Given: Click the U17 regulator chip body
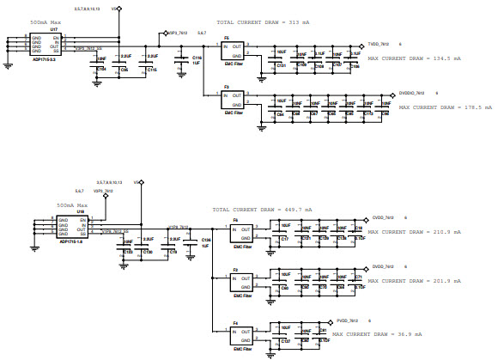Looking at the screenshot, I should (x=46, y=45).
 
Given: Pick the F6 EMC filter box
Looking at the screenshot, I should (x=242, y=233).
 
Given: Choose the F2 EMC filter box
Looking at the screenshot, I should (x=242, y=281).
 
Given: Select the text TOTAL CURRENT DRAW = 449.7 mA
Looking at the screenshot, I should (x=263, y=209).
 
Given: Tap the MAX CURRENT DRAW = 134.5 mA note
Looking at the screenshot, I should (x=414, y=58).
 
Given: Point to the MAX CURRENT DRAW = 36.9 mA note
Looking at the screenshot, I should (x=373, y=333).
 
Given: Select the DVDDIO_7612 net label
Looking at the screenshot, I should (x=415, y=92).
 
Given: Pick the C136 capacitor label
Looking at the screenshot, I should (x=205, y=240).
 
